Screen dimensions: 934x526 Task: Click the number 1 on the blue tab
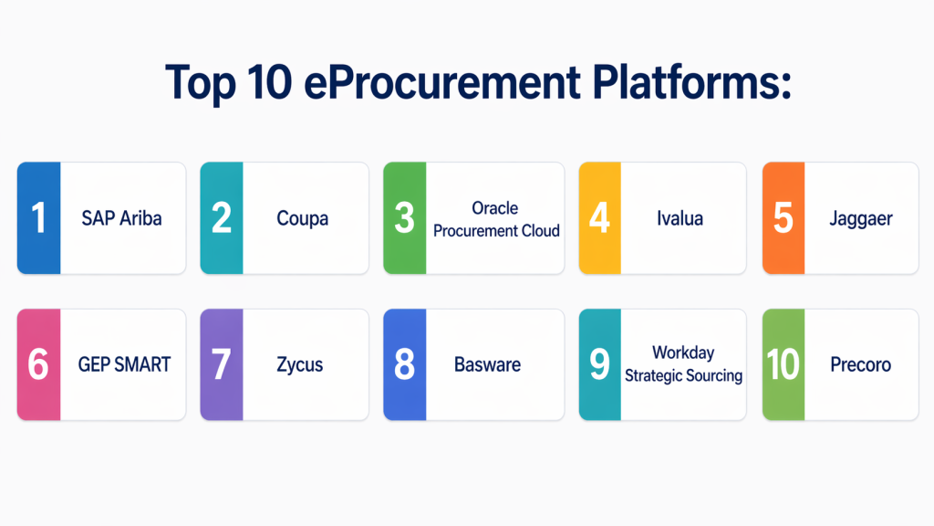38,217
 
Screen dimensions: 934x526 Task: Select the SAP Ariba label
121,218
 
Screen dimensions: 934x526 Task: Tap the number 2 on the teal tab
222,217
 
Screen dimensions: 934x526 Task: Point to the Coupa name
302,219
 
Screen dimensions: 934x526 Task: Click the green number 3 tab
404,218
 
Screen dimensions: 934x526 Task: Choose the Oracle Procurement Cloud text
496,219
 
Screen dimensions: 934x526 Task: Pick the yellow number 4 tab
600,218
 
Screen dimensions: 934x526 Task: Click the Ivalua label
680,218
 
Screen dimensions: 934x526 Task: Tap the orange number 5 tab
784,218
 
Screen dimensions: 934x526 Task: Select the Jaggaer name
861,219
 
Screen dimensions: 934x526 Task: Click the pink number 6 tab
38,364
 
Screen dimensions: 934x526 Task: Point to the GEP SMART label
124,364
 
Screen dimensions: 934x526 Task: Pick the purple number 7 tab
222,364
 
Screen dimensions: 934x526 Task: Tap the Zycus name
299,365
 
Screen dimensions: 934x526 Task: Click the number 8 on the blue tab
404,364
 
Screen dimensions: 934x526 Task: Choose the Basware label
487,364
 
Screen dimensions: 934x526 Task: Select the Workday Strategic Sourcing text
683,363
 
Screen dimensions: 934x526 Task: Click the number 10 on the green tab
784,364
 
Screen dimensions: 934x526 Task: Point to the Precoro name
861,364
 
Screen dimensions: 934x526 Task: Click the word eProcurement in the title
442,82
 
